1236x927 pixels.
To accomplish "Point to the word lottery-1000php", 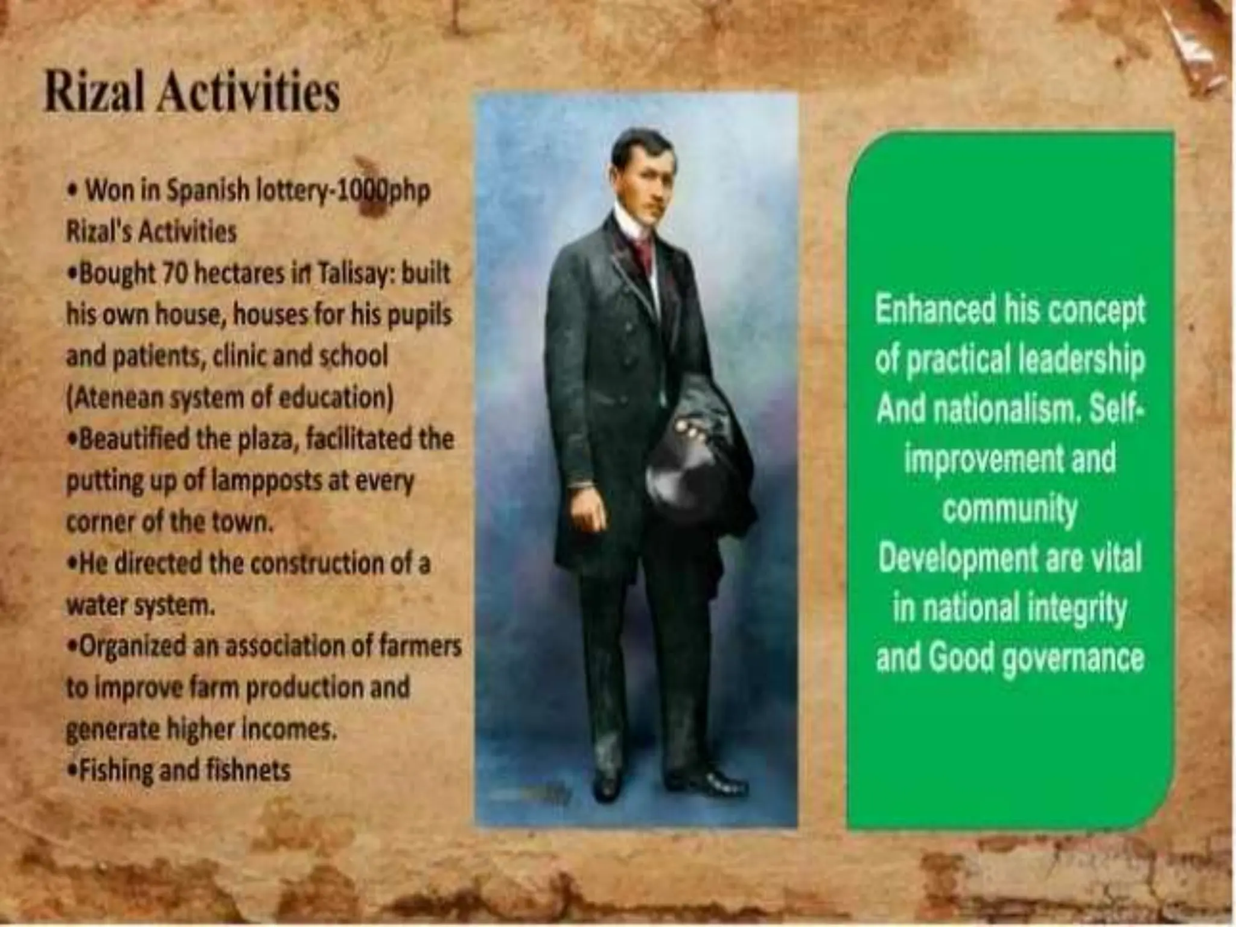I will click(x=343, y=192).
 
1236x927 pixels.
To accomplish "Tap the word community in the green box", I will click(x=1009, y=511).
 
